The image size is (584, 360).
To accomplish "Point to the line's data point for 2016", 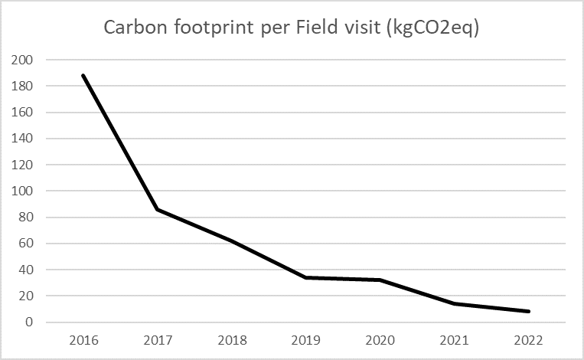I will point(83,75).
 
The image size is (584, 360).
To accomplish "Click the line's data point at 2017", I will point(157,209).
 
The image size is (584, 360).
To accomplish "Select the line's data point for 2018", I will point(231,241).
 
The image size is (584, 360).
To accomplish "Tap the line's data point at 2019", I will point(305,277).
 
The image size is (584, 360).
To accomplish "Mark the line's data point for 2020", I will point(380,280).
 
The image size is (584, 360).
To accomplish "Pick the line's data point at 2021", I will point(454,303).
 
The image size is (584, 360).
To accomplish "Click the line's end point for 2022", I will point(528,312).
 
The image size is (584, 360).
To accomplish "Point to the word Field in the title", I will point(335,28).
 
